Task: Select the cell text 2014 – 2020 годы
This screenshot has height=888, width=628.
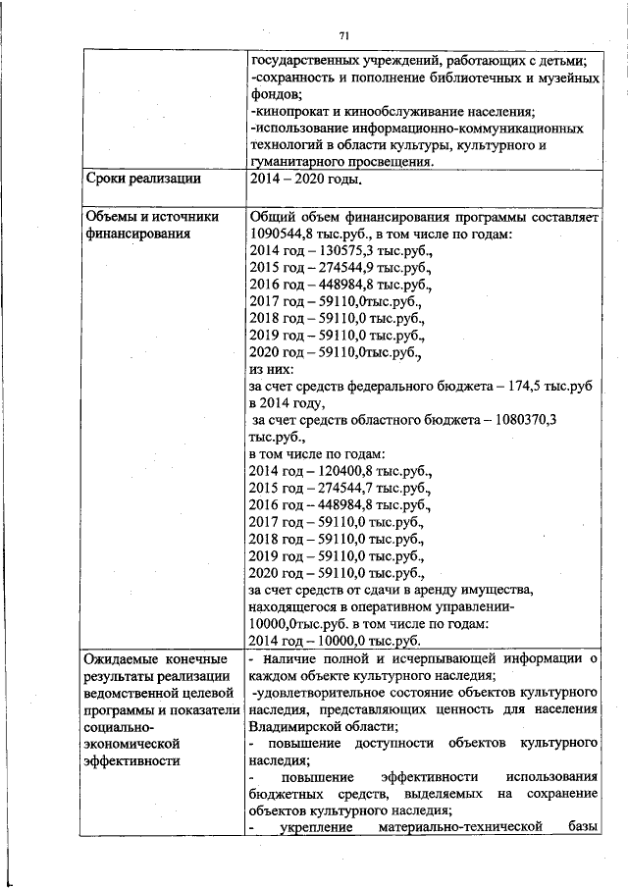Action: (306, 180)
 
